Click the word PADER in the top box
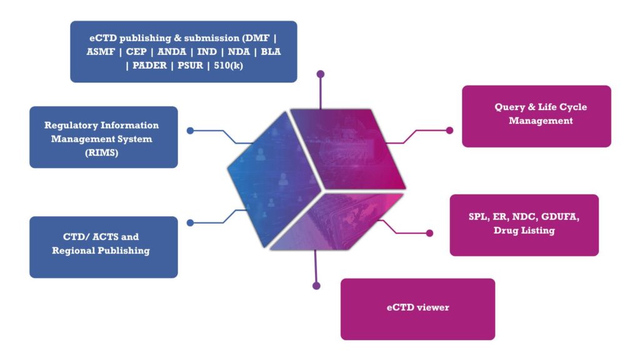(147, 66)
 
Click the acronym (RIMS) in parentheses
(103, 152)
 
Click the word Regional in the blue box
(73, 251)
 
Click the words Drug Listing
(524, 231)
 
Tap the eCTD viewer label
(417, 307)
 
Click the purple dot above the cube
(321, 74)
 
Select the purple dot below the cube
(316, 286)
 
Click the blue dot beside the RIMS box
(190, 131)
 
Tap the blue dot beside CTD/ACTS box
(190, 222)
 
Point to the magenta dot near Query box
(449, 131)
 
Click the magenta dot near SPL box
(429, 233)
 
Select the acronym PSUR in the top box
(190, 66)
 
